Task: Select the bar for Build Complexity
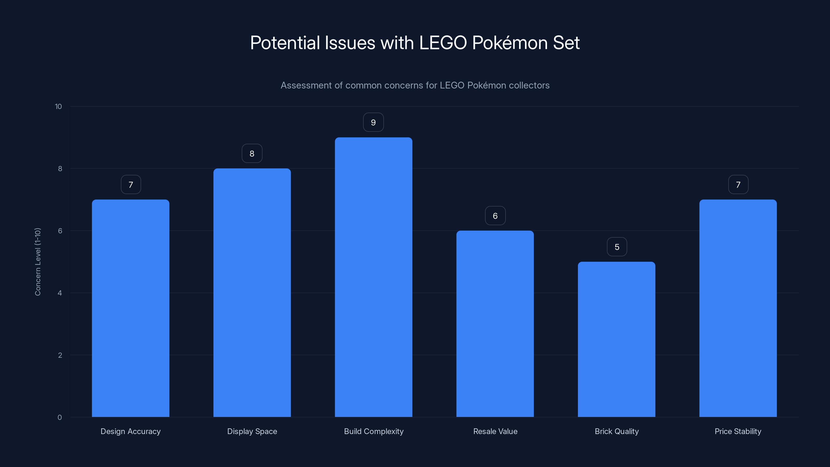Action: coord(374,277)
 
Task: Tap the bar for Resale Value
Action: coord(495,324)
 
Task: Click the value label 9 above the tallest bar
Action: coord(373,122)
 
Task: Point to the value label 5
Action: coord(617,247)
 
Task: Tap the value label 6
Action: coord(495,216)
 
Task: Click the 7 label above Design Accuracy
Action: coord(131,185)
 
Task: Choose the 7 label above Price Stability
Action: coord(738,185)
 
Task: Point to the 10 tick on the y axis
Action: coord(58,106)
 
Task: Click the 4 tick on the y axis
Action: coord(60,293)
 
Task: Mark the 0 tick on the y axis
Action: coord(60,417)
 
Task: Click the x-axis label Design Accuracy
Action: coord(130,431)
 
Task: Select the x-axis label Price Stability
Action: coord(738,431)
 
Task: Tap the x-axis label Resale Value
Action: coord(495,431)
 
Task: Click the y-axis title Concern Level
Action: coord(38,262)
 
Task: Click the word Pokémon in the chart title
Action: coord(510,43)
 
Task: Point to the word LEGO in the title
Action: coord(443,43)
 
